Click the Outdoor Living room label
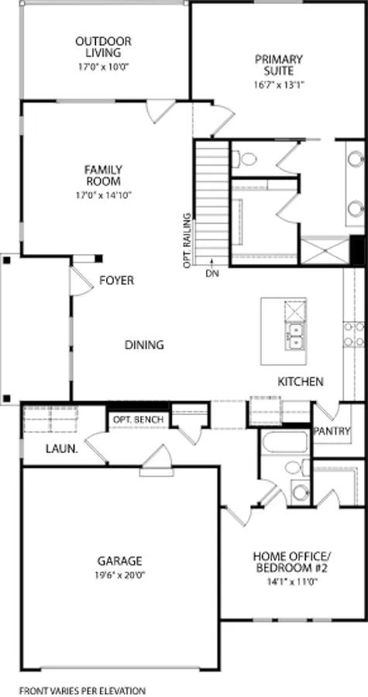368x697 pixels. (x=103, y=46)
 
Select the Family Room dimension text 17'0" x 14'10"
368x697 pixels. (x=104, y=195)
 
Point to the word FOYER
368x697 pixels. (x=116, y=280)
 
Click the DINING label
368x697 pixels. (x=144, y=345)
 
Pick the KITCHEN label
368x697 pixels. (x=301, y=382)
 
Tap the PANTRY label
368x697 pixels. (x=332, y=431)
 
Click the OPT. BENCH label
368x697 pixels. (x=138, y=420)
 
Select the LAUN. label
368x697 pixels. (x=60, y=448)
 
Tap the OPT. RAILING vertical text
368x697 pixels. (x=187, y=240)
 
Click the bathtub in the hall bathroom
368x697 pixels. (x=284, y=444)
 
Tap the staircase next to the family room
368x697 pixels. (x=211, y=197)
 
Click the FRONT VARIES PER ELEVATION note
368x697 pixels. (x=82, y=689)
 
